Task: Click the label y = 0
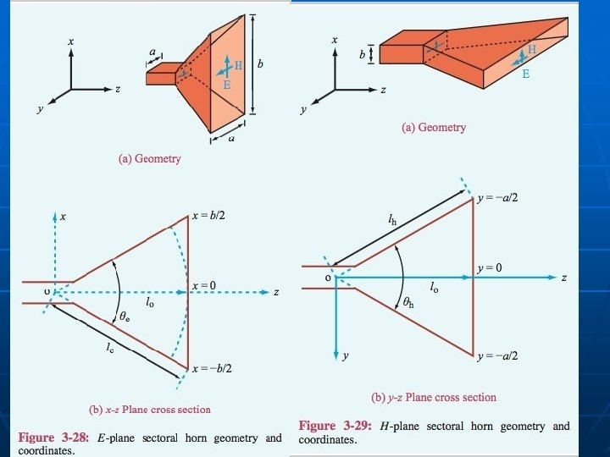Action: [490, 267]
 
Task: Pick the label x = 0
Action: [205, 285]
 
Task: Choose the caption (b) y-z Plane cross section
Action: [434, 397]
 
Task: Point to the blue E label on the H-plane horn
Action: [525, 74]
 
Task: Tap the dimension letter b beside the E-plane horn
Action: [261, 64]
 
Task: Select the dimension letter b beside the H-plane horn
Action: [361, 52]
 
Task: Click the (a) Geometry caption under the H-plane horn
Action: [434, 127]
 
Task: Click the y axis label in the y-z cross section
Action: [345, 356]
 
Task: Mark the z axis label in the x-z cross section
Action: [276, 292]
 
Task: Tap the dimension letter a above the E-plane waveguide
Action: [153, 52]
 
